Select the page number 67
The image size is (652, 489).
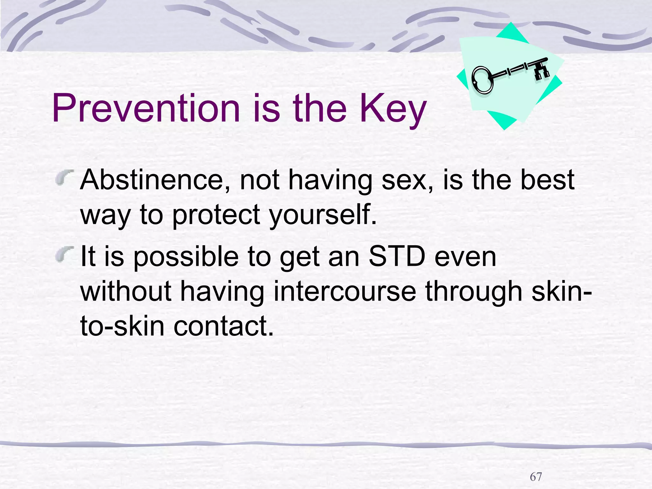[536, 477]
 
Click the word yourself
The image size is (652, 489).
[323, 215]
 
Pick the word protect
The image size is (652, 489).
[216, 215]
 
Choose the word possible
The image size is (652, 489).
[186, 257]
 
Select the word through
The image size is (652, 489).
[474, 292]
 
